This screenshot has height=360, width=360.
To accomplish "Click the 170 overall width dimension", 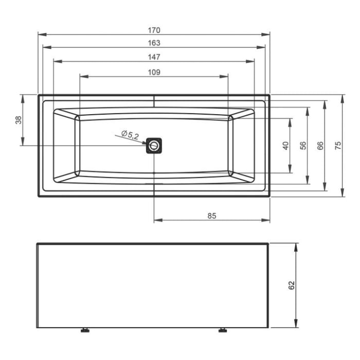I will click(153, 30).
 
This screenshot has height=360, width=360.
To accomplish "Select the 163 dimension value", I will click(153, 43).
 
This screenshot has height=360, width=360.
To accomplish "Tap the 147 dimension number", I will click(153, 57).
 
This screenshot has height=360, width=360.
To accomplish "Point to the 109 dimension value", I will click(153, 73).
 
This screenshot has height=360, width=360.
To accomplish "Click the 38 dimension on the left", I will click(19, 120).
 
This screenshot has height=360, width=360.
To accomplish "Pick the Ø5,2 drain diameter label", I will click(130, 136).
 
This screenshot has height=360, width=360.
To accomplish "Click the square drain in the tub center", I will click(154, 146).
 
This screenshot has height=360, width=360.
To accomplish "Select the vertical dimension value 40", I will click(286, 146).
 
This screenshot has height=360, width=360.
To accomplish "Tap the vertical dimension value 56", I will click(303, 146).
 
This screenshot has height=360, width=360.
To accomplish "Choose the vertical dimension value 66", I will click(320, 146).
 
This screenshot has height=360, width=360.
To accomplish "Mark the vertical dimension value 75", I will click(338, 146).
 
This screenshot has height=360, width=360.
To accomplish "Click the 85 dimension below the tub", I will click(211, 216).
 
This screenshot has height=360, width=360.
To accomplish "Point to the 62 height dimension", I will click(292, 285).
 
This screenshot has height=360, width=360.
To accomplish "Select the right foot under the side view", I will click(223, 330).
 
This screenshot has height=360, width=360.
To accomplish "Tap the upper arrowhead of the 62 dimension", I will click(296, 246).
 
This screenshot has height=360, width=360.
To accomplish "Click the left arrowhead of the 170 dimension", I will click(41, 34).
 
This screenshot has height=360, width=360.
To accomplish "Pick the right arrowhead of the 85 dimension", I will click(267, 221).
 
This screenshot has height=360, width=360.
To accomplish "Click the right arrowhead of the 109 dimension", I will click(225, 77).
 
